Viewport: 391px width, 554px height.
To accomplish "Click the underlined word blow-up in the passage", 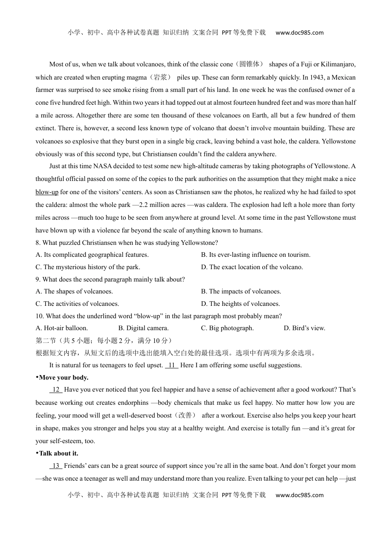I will (47, 192).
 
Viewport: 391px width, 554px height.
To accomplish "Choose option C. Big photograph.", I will (227, 328).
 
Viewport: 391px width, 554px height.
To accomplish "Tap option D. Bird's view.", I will (305, 328).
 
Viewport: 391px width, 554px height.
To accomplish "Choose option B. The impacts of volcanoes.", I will (241, 291).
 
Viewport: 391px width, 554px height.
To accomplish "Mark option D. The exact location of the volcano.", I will (252, 267).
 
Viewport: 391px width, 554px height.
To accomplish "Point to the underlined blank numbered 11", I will (172, 365).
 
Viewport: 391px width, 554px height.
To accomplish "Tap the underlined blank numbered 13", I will (56, 466).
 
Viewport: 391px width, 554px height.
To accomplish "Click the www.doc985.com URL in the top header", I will (300, 33).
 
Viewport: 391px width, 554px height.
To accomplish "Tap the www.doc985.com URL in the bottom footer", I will (300, 495).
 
